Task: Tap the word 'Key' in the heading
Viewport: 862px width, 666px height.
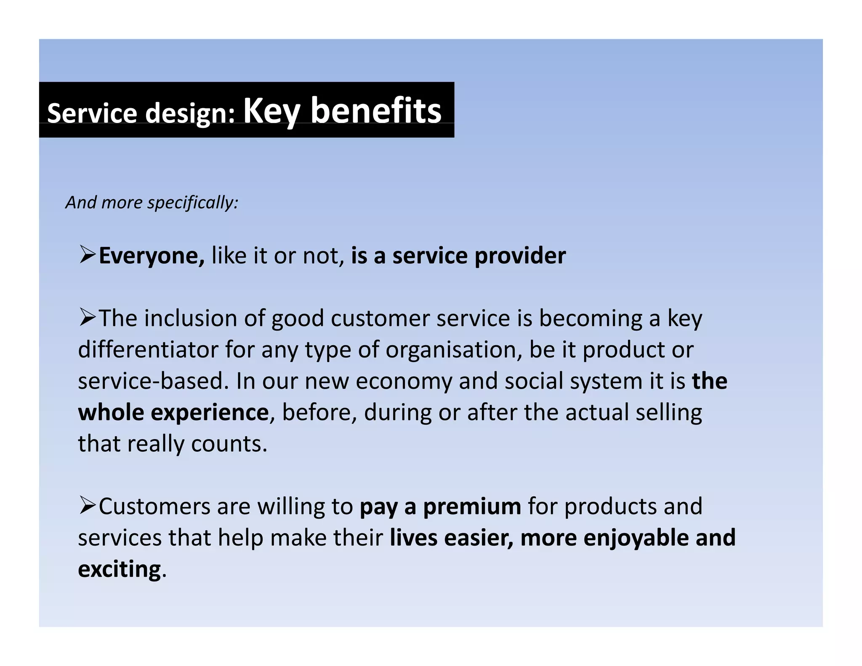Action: click(271, 111)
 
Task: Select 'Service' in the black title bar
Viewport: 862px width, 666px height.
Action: click(92, 113)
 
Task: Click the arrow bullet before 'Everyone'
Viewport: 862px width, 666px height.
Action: click(88, 255)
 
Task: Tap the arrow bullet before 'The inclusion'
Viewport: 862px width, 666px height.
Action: click(88, 317)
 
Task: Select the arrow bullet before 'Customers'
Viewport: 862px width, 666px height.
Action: click(88, 505)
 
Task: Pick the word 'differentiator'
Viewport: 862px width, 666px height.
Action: click(148, 349)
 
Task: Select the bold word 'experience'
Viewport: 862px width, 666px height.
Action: click(209, 413)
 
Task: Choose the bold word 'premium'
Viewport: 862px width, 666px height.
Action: click(472, 506)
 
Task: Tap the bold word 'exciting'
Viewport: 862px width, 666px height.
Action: click(120, 570)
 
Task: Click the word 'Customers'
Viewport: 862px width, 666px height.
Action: click(154, 506)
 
